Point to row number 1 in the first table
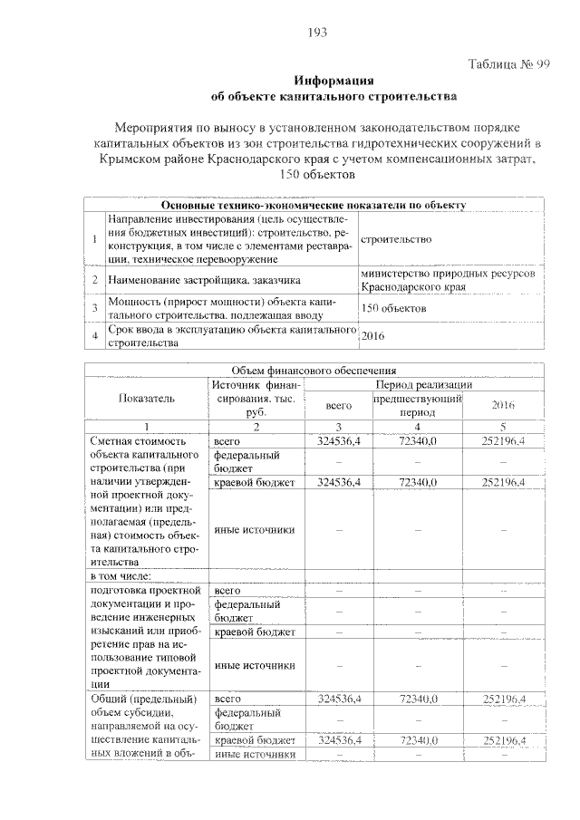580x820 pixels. tap(94, 238)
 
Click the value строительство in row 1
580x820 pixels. tap(395, 238)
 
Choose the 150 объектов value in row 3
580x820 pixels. tap(393, 309)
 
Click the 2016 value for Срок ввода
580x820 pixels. tap(373, 336)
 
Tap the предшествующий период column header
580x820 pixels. tap(419, 405)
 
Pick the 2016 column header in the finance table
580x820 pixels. tap(504, 405)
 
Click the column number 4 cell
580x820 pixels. tap(419, 425)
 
